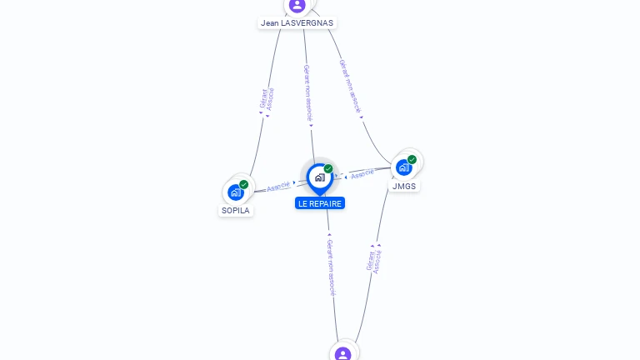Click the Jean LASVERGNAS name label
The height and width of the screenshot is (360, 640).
297,23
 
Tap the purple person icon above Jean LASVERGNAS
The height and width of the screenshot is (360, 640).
297,5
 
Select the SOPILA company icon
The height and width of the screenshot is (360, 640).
235,192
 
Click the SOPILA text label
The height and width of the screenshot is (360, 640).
235,211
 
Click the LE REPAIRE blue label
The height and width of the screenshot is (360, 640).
320,203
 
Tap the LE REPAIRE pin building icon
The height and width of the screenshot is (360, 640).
319,177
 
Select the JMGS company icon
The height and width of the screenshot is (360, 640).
403,167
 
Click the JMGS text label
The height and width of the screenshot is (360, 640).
404,186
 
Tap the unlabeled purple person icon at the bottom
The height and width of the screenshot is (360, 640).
342,354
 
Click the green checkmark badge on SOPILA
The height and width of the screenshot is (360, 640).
244,184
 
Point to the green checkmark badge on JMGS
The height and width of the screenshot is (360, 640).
412,159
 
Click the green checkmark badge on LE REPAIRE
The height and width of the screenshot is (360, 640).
328,169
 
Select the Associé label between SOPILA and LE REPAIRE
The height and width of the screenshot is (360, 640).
278,186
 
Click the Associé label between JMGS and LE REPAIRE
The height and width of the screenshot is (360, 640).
362,174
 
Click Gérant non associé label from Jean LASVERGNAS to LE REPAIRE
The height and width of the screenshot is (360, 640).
307,93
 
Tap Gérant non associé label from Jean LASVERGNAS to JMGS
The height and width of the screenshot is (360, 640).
351,86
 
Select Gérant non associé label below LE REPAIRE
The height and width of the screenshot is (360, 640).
331,267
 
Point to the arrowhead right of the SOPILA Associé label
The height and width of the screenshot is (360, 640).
295,182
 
